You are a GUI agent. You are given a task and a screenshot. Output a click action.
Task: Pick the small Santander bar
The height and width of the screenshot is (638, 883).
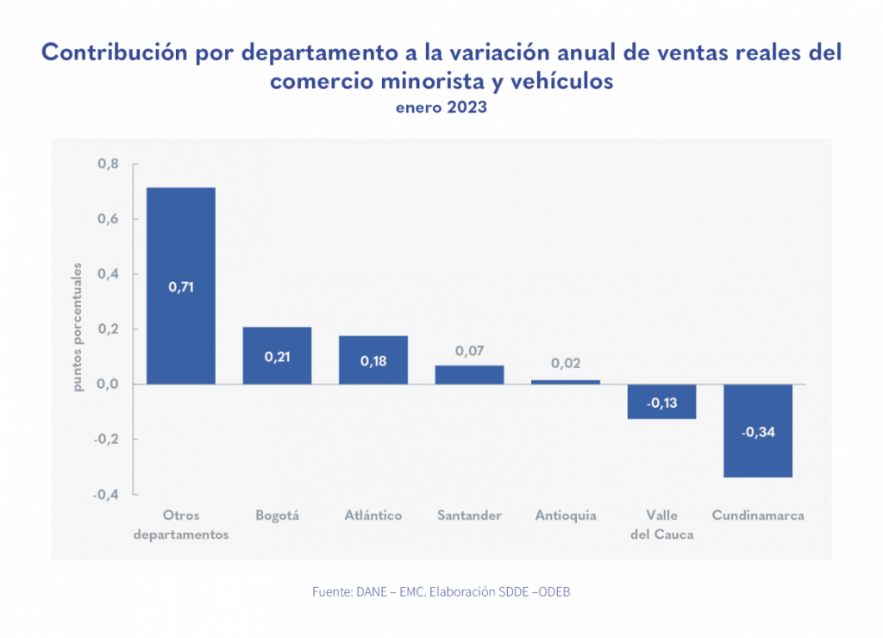coord(469,375)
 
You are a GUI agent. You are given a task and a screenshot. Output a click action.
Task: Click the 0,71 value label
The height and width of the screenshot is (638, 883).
coord(181,287)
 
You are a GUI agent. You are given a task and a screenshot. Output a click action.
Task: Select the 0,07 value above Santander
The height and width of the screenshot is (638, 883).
coord(469,351)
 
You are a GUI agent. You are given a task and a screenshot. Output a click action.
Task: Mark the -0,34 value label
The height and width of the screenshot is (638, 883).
coord(758,432)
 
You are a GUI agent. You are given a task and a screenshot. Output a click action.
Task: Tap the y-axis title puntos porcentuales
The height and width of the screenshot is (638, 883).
coord(78,328)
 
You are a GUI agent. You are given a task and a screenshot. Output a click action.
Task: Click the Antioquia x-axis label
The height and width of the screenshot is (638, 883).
coord(566,516)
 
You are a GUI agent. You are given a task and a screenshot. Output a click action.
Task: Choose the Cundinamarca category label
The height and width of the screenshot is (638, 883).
coord(758,516)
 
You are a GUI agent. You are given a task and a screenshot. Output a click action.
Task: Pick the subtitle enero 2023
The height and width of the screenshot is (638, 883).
coord(441,109)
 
